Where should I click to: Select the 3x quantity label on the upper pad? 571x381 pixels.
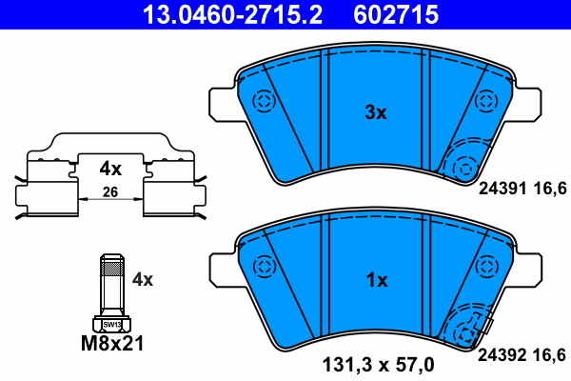click(x=377, y=112)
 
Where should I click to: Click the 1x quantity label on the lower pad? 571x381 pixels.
click(x=377, y=281)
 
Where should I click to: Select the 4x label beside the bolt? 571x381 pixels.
click(x=143, y=280)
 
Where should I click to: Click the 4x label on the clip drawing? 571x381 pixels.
click(x=110, y=170)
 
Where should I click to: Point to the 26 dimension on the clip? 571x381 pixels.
click(x=110, y=193)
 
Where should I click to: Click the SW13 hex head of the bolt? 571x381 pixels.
click(x=110, y=324)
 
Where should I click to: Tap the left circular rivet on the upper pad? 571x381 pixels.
click(x=262, y=101)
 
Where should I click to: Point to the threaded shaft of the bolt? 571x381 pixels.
click(x=110, y=286)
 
